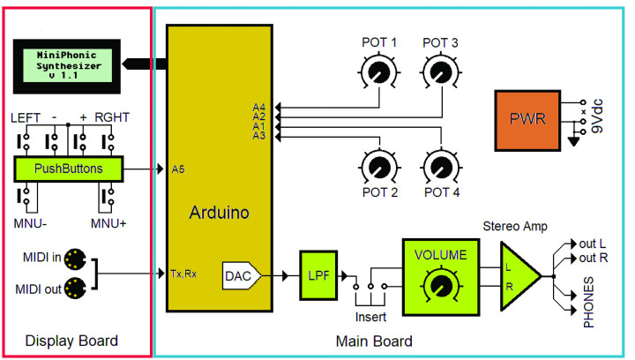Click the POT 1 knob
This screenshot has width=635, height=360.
point(379,69)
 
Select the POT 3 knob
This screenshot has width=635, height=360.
point(439,69)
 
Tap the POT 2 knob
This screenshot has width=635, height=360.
point(379,164)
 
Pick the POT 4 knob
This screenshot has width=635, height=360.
point(439,164)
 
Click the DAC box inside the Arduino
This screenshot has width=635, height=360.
point(239,275)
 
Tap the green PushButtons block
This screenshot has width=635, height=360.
point(69,168)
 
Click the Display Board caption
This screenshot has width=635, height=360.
point(71,341)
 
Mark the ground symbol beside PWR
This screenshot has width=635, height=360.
point(575,139)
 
